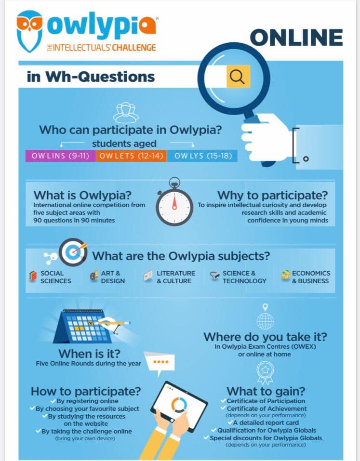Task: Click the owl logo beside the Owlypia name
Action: pos(29,31)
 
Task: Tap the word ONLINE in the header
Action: pos(296,38)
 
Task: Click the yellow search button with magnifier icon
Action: pos(238,77)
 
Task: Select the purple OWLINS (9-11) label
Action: pos(61,156)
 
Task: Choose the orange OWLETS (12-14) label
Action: pos(131,156)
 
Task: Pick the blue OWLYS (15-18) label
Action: pos(202,156)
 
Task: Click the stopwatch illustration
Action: pos(174,202)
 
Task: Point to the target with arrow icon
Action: pos(73,252)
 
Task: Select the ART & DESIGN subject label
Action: pos(113,277)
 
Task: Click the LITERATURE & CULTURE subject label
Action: pos(176,277)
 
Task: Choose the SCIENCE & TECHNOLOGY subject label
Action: pos(244,277)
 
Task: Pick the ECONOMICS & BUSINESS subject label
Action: pos(311,277)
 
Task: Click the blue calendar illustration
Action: pos(83,326)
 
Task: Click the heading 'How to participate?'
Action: pos(86,391)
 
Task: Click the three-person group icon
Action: pos(126,112)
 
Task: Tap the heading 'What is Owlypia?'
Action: pos(82,195)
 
